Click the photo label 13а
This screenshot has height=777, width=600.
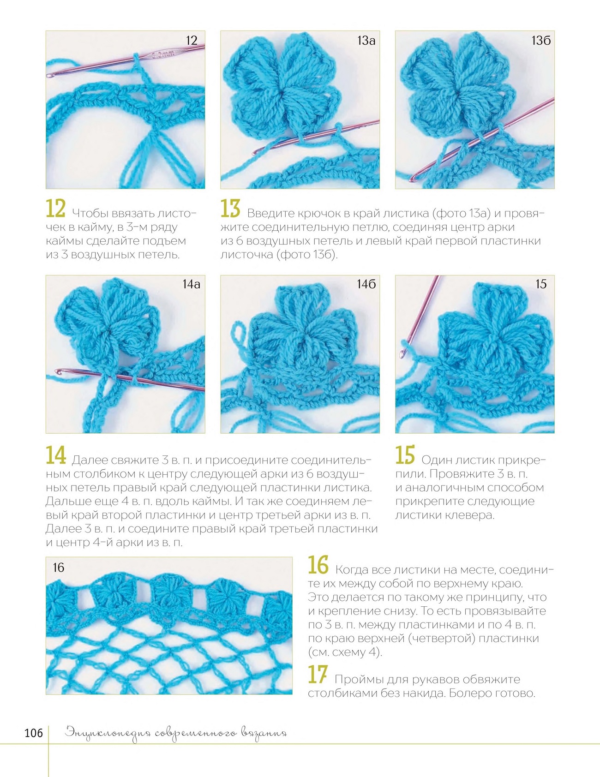[x=366, y=41]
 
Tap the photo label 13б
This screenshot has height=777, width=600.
[x=541, y=41]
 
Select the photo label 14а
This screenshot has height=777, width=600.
[x=192, y=284]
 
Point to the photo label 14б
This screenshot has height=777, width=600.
[x=366, y=284]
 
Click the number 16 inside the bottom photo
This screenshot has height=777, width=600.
[x=59, y=568]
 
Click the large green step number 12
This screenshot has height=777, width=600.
[x=56, y=209]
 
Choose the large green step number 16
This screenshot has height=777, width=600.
[x=318, y=565]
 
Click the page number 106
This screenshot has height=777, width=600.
[x=34, y=733]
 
